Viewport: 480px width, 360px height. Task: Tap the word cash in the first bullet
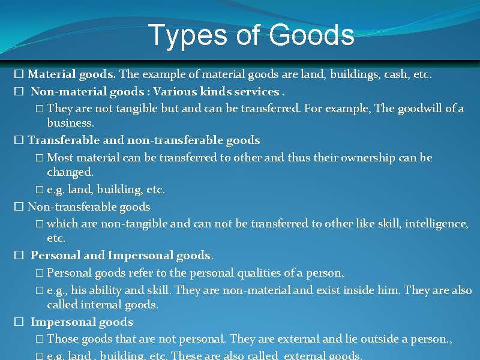pos(394,75)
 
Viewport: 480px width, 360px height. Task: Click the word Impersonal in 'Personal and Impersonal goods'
pos(140,255)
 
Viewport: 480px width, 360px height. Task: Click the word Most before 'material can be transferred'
pos(61,158)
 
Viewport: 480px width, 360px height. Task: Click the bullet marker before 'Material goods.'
pos(19,75)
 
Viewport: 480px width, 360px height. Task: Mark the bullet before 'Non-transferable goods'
pos(19,207)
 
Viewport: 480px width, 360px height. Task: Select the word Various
pos(175,92)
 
